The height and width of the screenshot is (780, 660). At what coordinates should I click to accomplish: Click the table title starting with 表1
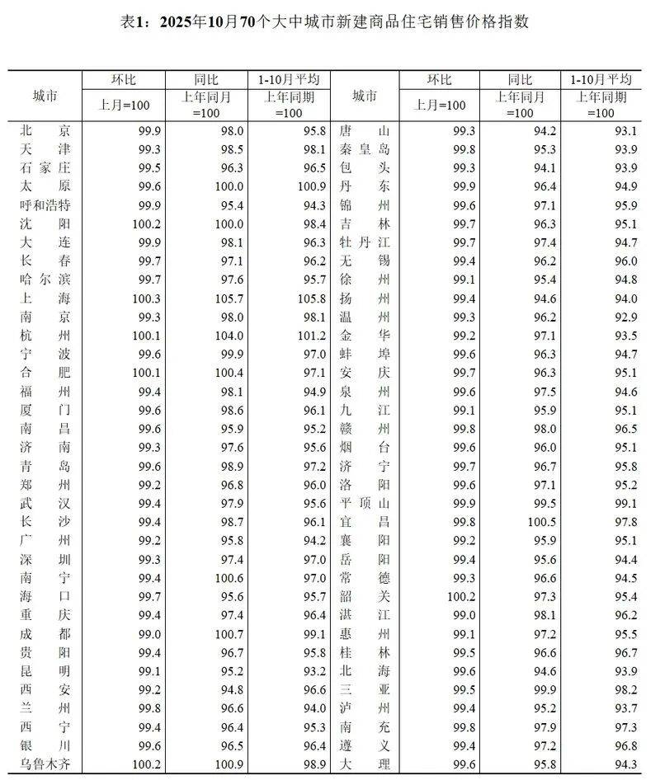point(330,22)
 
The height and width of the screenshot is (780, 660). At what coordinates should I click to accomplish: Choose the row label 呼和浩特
point(45,204)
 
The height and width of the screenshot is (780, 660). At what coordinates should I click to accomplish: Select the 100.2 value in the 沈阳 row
point(144,223)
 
